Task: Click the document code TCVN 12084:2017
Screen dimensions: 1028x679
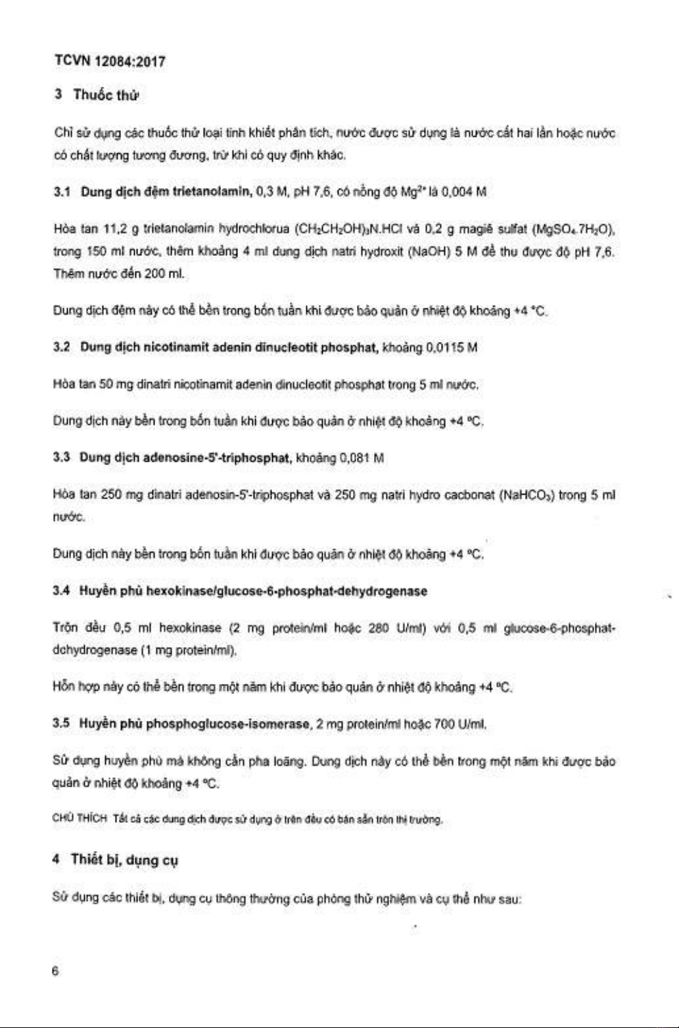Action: point(109,62)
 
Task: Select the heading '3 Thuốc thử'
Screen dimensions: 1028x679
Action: point(97,95)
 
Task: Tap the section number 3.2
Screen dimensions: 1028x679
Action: point(62,347)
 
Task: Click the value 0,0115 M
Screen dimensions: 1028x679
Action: point(451,347)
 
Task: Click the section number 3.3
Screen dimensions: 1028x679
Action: point(62,458)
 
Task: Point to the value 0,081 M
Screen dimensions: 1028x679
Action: point(362,458)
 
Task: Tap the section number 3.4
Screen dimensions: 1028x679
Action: point(62,591)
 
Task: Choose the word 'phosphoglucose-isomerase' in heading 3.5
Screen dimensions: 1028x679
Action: point(228,724)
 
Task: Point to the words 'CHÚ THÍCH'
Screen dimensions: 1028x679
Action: point(79,819)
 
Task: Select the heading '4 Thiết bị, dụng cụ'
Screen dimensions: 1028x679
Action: point(116,860)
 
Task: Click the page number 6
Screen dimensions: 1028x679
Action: point(55,971)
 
